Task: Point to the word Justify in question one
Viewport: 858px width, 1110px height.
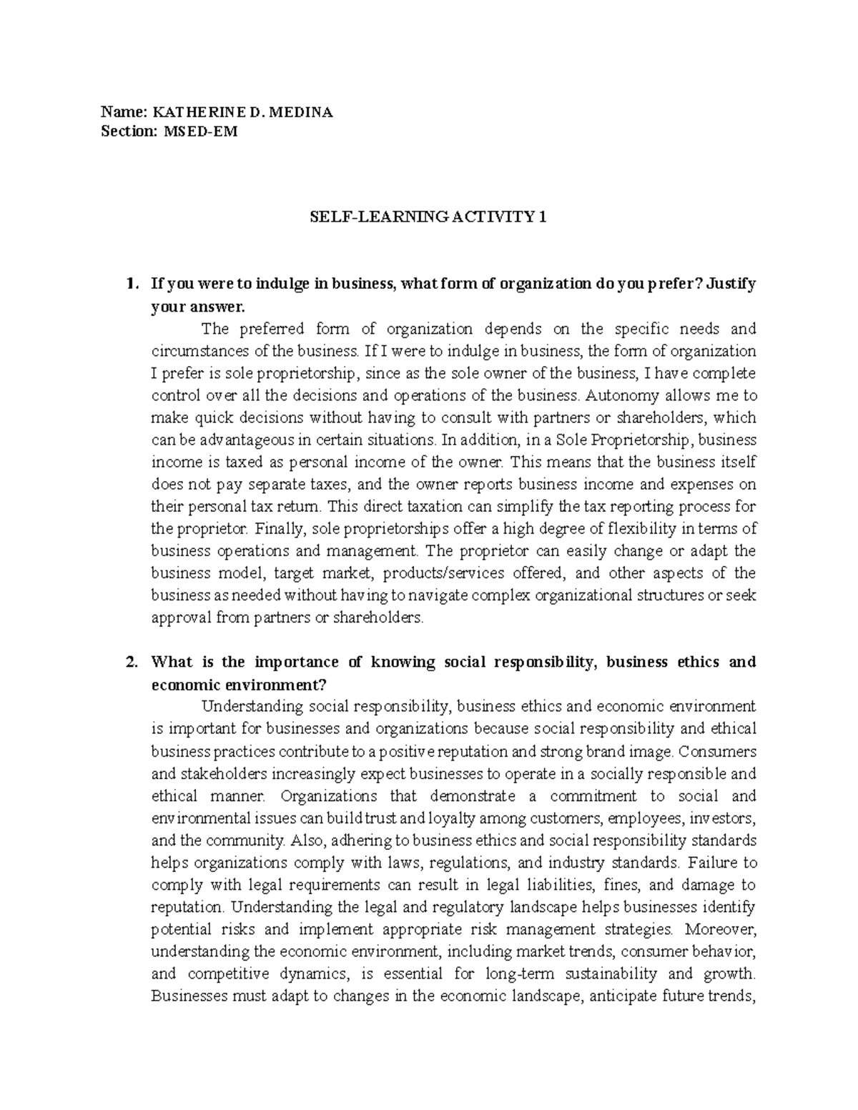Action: pyautogui.click(x=731, y=284)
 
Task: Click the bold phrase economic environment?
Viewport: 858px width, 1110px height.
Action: pyautogui.click(x=239, y=684)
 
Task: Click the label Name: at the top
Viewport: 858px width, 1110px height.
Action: pyautogui.click(x=122, y=112)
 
